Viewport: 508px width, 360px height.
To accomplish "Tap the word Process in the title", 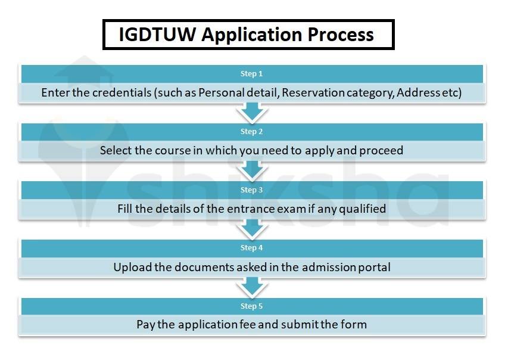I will [x=341, y=35].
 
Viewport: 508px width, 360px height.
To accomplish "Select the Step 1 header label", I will [x=251, y=74].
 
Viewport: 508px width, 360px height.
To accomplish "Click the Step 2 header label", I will [x=251, y=132].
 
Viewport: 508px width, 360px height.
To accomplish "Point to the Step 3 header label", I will [x=251, y=190].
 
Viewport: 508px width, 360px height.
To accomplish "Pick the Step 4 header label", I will [x=251, y=248].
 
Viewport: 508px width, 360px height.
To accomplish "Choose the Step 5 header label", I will [x=251, y=306].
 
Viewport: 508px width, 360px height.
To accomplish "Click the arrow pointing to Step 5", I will [x=252, y=287].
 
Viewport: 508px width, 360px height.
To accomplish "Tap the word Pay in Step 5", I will [x=145, y=325].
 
